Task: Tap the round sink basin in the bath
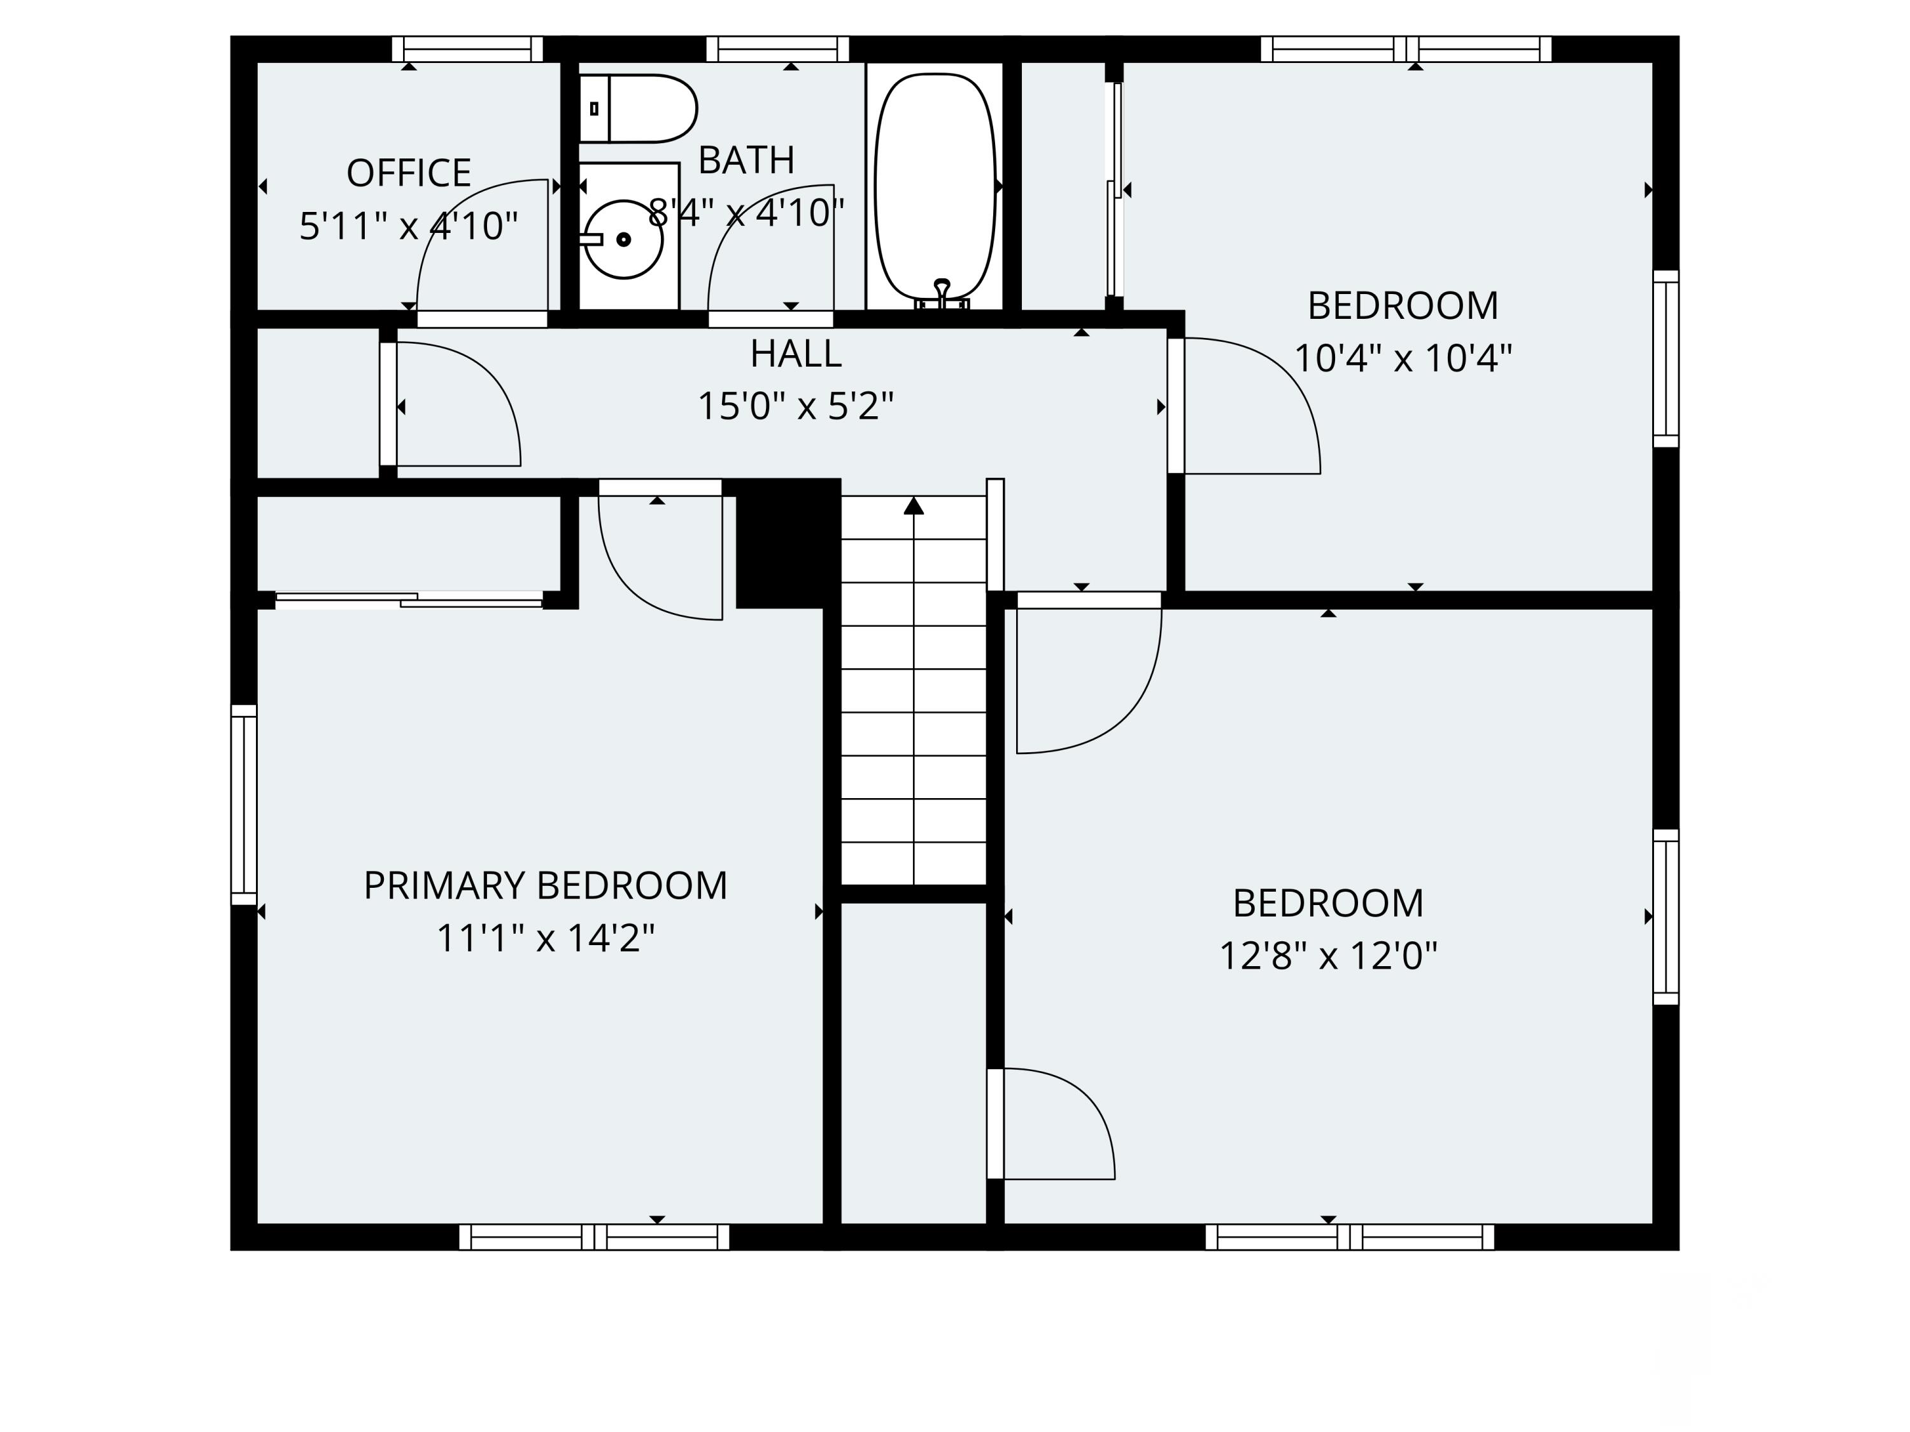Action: coord(623,239)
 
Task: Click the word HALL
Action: coord(795,354)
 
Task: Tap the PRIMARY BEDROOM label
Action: coord(545,886)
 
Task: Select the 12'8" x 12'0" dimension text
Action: coord(1327,957)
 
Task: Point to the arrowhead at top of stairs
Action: coord(914,506)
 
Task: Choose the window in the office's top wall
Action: coord(467,49)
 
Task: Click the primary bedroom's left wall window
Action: coord(244,804)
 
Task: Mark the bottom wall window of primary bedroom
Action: coord(594,1237)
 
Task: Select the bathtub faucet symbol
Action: coord(942,293)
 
